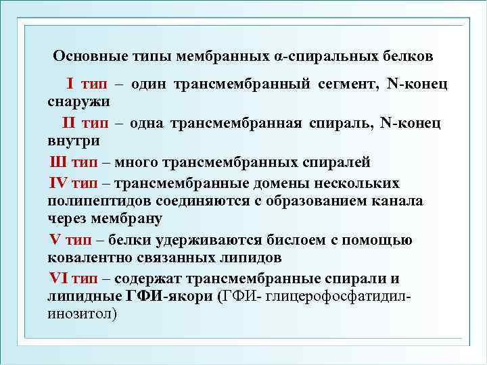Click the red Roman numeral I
(x=70, y=84)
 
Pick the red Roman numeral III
(x=58, y=162)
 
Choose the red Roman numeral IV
(x=57, y=182)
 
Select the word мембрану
(x=124, y=219)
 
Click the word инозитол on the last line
(x=80, y=314)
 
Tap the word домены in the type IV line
(x=260, y=182)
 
